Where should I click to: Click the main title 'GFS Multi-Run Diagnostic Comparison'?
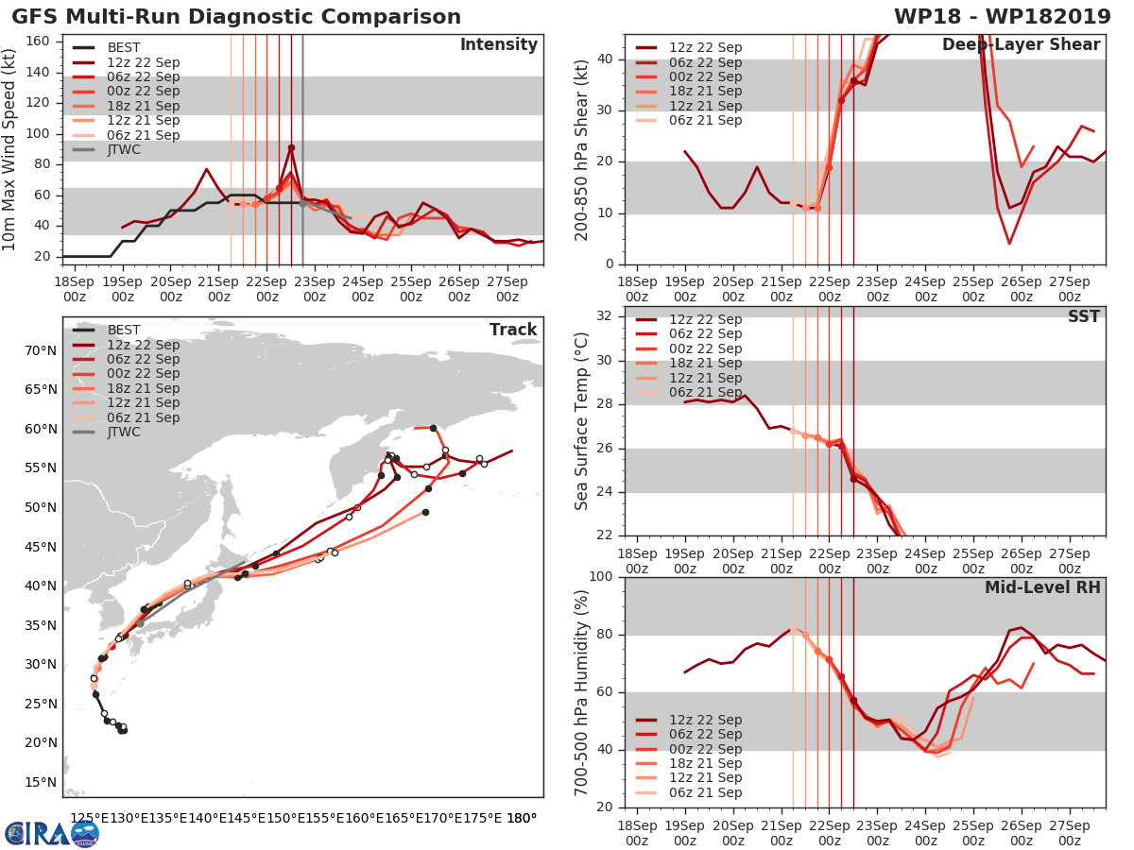click(236, 17)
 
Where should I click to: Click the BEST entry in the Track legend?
click(124, 330)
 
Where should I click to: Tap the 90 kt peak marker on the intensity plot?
click(291, 147)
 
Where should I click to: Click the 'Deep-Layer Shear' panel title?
click(1021, 45)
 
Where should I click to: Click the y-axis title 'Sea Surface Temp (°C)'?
click(582, 420)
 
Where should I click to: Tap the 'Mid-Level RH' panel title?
click(1042, 587)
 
